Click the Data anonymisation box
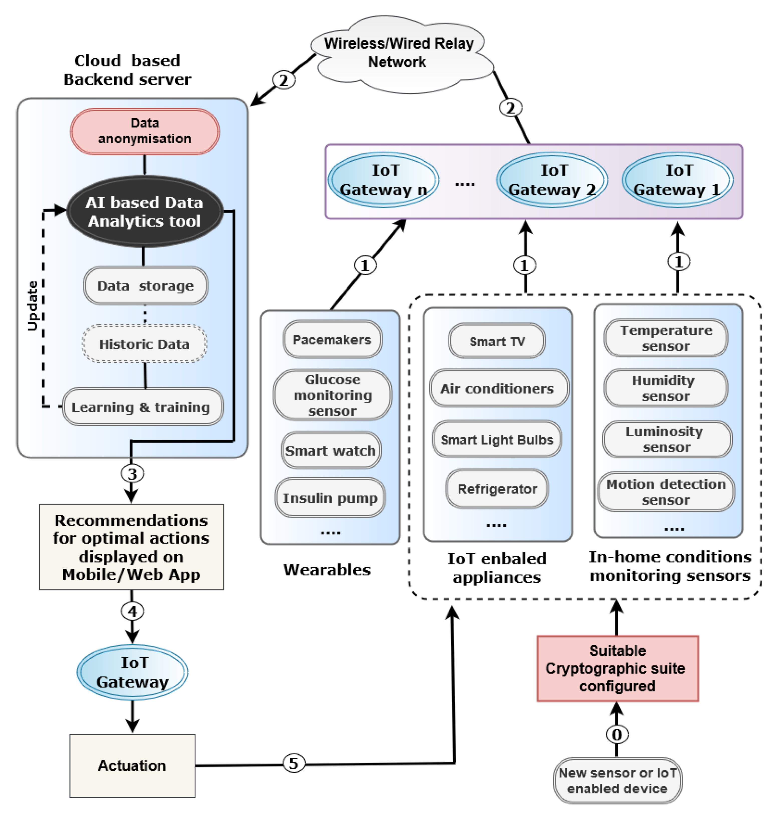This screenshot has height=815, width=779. click(x=145, y=131)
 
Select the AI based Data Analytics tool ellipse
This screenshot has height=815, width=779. click(x=145, y=212)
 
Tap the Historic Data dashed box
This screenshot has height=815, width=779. click(x=145, y=344)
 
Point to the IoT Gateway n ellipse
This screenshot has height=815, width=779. click(x=383, y=180)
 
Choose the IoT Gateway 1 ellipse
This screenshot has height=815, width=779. click(x=677, y=180)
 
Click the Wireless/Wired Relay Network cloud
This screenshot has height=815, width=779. click(x=399, y=53)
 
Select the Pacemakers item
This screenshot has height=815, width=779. click(x=332, y=339)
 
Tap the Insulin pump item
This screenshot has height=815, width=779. click(x=330, y=498)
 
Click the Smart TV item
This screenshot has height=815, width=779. click(x=497, y=341)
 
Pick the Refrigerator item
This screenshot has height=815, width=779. click(x=497, y=489)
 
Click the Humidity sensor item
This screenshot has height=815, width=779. click(x=666, y=388)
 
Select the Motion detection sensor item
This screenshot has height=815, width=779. click(x=666, y=492)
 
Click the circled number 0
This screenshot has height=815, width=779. click(x=617, y=734)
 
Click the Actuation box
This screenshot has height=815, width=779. click(x=132, y=766)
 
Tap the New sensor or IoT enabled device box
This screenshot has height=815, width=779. click(x=617, y=780)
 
